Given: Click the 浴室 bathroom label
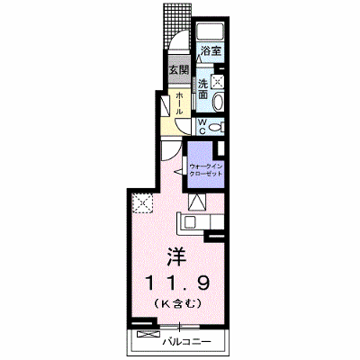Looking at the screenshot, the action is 211,50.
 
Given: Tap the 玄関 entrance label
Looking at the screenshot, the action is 179,70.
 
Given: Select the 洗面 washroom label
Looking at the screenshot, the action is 202,89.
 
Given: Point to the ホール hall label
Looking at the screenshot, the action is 179,103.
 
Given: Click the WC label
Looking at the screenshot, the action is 202,126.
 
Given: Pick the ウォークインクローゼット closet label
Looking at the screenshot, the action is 205,170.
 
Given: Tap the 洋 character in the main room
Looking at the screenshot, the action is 177,256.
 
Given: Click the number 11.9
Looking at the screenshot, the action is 177,283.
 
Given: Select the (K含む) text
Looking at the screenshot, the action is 177,304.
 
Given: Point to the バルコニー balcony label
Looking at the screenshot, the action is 187,342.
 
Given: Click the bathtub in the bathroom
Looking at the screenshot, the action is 210,32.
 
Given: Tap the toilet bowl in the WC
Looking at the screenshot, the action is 215,127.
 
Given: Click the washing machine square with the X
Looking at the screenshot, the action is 217,81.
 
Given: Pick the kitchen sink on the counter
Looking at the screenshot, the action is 190,222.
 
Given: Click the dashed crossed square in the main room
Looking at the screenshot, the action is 143,203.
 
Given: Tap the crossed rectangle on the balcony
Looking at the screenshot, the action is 148,334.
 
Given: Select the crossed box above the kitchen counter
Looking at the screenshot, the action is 197,202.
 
